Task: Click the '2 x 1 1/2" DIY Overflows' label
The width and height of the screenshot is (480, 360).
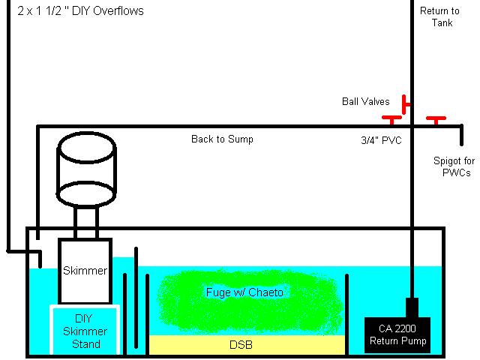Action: pos(79,11)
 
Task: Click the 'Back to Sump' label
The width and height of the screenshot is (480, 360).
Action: pos(222,139)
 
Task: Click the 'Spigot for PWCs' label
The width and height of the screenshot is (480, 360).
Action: pos(452,166)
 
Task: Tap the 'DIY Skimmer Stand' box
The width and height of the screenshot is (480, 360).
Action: pos(84,331)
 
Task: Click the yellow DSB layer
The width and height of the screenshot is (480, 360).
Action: pos(247,345)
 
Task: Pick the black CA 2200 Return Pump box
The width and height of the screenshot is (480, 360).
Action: pos(398,334)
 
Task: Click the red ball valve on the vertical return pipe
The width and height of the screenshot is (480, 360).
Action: pos(405,103)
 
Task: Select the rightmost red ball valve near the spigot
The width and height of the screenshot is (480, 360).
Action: pos(436,118)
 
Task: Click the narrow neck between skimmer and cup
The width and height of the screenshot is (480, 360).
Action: pos(86,223)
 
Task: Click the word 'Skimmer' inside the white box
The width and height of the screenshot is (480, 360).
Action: pos(85,270)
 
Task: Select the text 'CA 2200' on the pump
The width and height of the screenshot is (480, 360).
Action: pos(398,328)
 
